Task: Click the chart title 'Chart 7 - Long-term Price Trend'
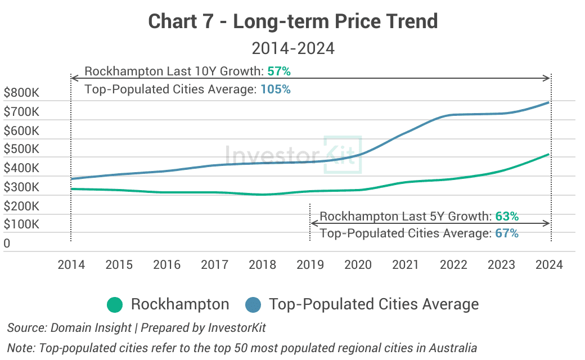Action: click(292, 22)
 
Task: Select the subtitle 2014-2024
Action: click(292, 48)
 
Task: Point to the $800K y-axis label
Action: click(21, 93)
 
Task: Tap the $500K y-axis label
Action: click(21, 150)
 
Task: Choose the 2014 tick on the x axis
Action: click(71, 265)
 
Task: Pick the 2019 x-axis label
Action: click(310, 265)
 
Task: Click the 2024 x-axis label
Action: click(549, 265)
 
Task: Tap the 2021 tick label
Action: click(406, 265)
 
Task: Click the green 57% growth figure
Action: click(279, 71)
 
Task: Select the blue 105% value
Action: click(276, 89)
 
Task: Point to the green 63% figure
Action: click(507, 217)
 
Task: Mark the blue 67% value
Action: click(507, 233)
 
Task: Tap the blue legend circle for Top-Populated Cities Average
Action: click(253, 305)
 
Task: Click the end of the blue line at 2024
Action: click(549, 102)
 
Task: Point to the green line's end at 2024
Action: click(549, 154)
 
